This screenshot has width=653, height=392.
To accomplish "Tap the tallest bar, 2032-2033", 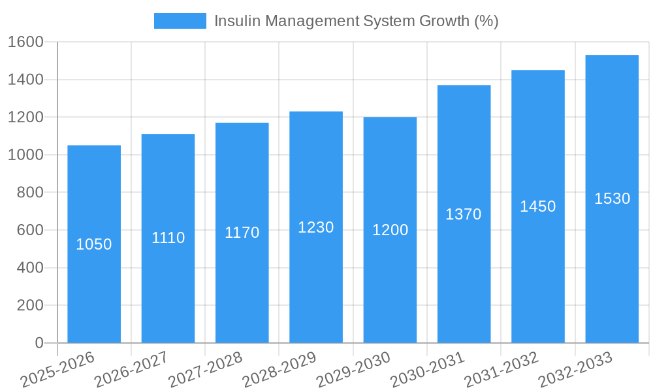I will tap(612, 261).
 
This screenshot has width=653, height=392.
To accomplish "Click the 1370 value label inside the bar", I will tap(464, 214).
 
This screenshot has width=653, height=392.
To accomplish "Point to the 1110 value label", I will tap(168, 238).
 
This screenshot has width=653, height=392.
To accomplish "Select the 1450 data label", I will tap(537, 206).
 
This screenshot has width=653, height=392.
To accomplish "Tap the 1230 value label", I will tap(316, 227).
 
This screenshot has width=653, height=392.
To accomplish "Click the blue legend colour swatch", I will tap(180, 21).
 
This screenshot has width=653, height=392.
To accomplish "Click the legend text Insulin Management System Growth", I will tap(356, 21).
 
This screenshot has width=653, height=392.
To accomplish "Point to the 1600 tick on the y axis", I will tap(25, 42).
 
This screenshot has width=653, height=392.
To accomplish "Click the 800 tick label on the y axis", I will tap(29, 193).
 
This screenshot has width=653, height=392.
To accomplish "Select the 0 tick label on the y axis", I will tap(39, 343).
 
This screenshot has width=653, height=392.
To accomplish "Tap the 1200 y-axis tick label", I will tap(25, 118).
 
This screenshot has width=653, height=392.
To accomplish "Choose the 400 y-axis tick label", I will tap(29, 268).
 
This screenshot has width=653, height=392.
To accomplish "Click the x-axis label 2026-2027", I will tap(131, 369).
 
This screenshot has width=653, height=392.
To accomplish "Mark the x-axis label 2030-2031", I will tap(428, 369).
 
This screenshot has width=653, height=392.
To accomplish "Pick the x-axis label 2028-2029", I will tap(279, 369).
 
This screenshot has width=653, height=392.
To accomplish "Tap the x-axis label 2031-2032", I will tap(502, 369).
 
